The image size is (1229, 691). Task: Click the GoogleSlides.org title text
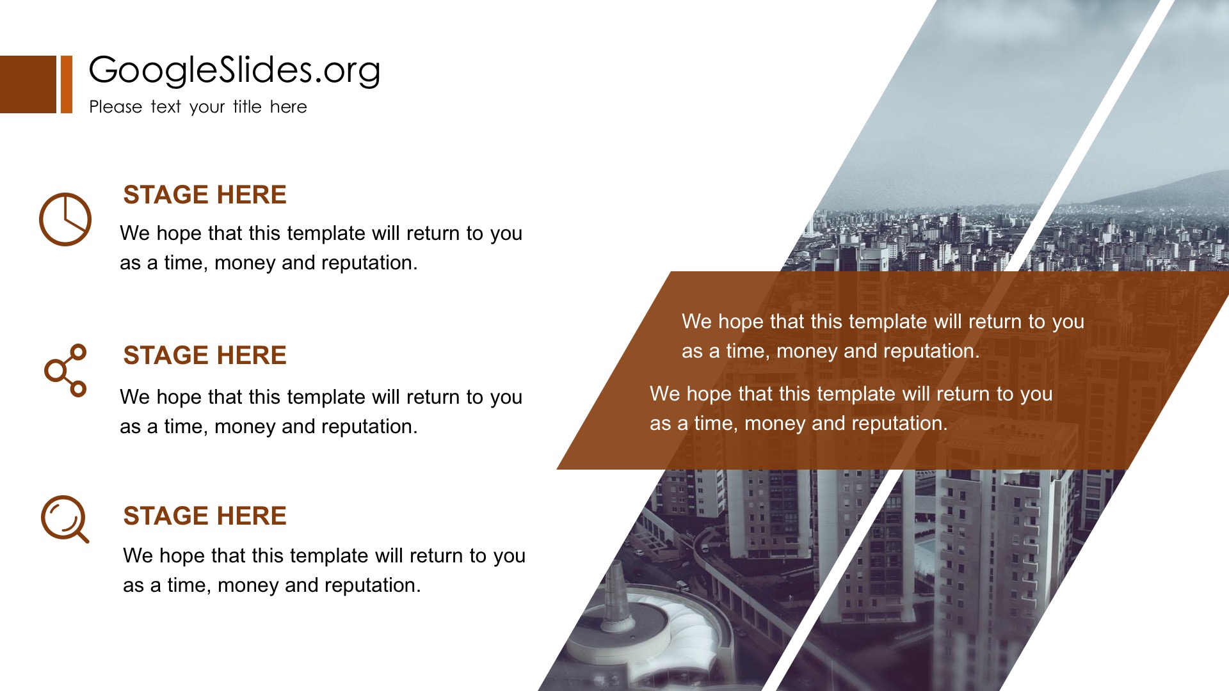click(x=234, y=70)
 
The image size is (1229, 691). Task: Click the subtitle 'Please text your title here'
click(x=198, y=107)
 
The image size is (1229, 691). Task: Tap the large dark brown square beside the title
click(x=28, y=84)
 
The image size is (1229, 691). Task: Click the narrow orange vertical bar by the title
click(x=67, y=84)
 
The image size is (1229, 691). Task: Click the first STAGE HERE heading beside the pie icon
click(x=205, y=195)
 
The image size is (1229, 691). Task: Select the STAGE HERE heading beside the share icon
click(x=205, y=355)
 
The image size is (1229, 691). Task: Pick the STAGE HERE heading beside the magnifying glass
click(x=205, y=516)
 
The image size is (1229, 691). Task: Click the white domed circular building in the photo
click(x=647, y=630)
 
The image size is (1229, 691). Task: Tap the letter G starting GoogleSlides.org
click(x=106, y=70)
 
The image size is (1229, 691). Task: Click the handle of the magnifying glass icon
click(x=82, y=536)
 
